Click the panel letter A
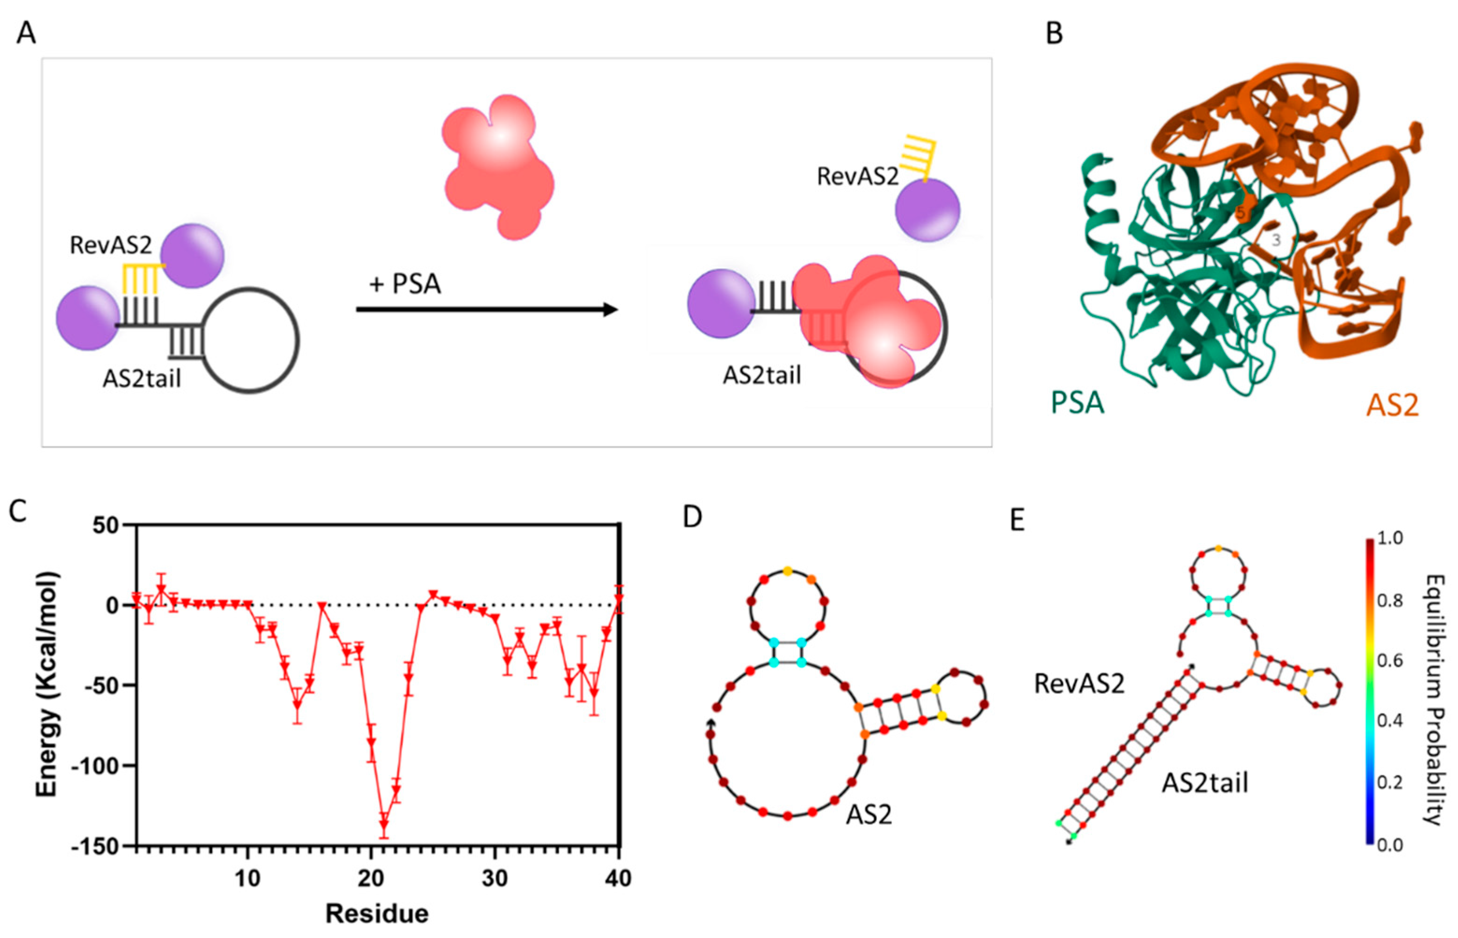[x=26, y=33]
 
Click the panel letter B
[x=1054, y=33]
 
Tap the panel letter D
[x=692, y=516]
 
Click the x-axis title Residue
[x=377, y=914]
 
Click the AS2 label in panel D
[x=869, y=814]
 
